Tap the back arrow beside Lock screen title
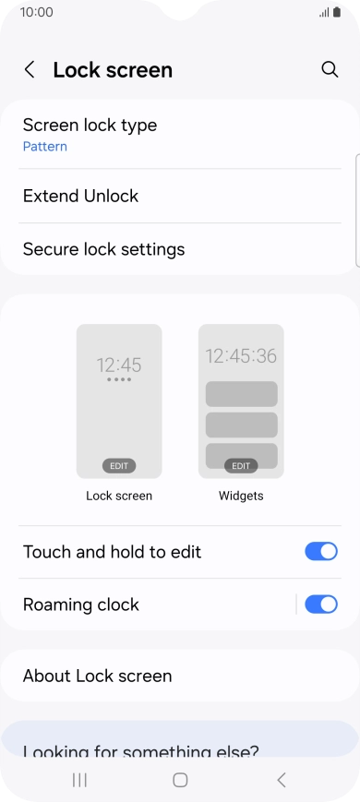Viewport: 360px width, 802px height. [x=30, y=70]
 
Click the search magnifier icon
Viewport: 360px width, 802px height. [x=330, y=69]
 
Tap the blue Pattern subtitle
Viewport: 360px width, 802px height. [x=45, y=147]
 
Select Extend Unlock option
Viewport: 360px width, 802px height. [x=80, y=196]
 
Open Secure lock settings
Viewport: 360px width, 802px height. [x=103, y=249]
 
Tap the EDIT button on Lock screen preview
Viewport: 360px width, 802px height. [x=119, y=466]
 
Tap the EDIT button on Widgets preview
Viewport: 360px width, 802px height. [x=241, y=466]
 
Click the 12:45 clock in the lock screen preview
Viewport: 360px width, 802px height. [x=119, y=365]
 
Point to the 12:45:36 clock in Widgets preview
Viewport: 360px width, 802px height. [x=241, y=355]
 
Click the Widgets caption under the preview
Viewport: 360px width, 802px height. [x=241, y=496]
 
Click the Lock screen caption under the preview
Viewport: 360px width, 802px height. [x=119, y=496]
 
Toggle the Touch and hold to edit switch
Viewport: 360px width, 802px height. [x=320, y=552]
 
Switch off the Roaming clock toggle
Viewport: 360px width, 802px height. [x=320, y=604]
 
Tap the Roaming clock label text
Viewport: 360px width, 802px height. [x=81, y=604]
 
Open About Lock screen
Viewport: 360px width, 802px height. [x=97, y=676]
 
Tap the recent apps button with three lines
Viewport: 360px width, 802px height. [x=79, y=780]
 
